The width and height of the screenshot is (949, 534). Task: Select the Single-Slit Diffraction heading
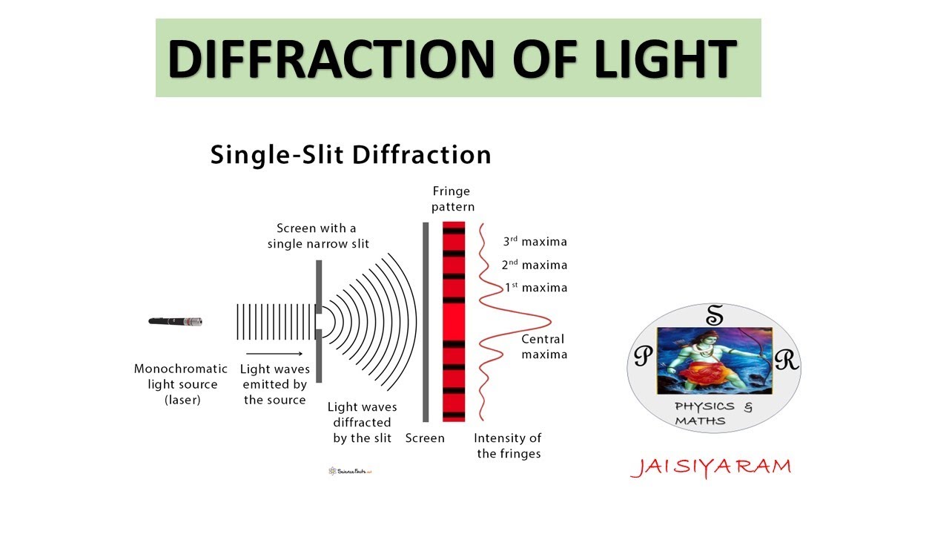click(x=351, y=155)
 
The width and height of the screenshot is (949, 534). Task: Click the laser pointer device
click(x=176, y=321)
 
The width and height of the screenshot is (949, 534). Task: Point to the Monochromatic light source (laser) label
click(x=181, y=384)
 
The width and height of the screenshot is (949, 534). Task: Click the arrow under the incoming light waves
click(x=274, y=354)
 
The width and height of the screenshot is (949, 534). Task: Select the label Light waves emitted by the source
click(x=275, y=384)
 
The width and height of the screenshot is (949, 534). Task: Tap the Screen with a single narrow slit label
click(x=318, y=236)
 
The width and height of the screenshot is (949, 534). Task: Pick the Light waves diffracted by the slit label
click(x=363, y=422)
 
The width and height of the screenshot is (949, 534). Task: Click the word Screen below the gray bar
click(x=425, y=438)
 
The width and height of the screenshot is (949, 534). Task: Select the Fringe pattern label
click(x=453, y=200)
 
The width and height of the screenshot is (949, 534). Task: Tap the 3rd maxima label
click(x=535, y=242)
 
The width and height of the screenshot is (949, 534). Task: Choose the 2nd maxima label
click(x=534, y=265)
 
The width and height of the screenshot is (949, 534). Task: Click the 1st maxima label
click(x=535, y=288)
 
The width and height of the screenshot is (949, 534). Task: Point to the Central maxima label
click(x=544, y=346)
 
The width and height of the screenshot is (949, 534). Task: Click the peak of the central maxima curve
click(x=549, y=321)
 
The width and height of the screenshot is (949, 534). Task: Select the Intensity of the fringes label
click(x=508, y=445)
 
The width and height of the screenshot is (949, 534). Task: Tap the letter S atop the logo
click(x=714, y=317)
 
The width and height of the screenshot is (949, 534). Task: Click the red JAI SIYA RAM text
click(x=711, y=467)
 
